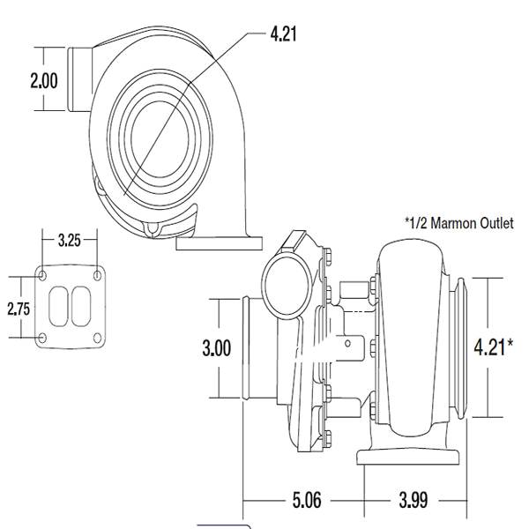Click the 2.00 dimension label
point(44,80)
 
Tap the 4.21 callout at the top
point(283,34)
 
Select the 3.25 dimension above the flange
point(70,240)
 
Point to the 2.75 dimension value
point(19,309)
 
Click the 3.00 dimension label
point(217,348)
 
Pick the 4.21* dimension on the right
point(493,347)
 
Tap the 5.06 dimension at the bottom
point(307,500)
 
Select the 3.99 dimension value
point(414,500)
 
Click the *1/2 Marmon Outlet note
point(459,223)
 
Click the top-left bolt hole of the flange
point(42,276)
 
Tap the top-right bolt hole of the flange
point(98,276)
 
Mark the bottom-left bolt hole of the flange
point(42,338)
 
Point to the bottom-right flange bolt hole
point(98,338)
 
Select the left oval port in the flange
point(58,307)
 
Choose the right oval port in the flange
point(81,307)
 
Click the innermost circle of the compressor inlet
point(160,139)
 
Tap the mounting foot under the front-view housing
point(220,243)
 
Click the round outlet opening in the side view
point(287,286)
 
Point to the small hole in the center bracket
point(347,344)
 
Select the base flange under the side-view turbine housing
point(408,457)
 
